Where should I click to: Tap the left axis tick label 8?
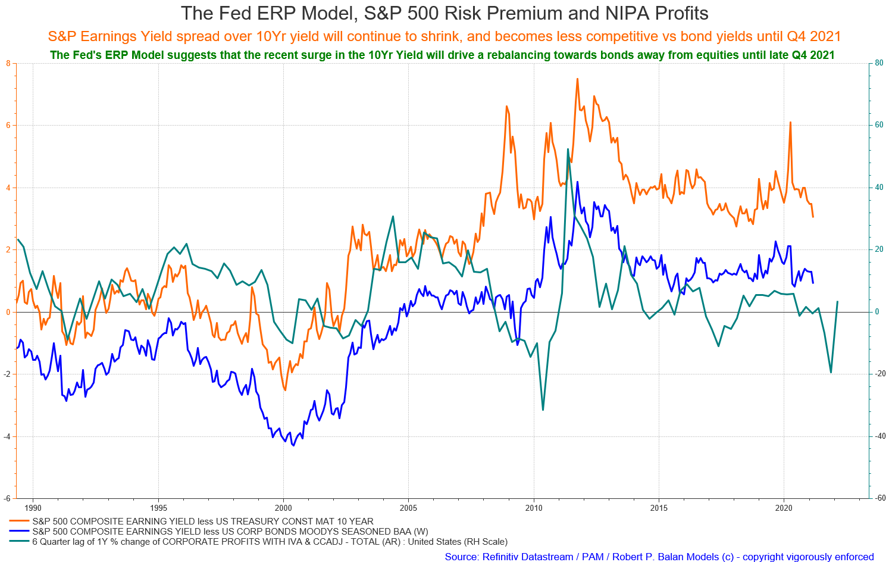8,63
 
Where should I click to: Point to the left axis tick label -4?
7,436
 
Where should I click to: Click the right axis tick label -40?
878,436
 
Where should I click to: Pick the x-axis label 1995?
158,508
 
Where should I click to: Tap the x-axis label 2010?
534,508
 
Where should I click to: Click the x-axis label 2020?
784,508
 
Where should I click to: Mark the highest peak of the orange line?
577,79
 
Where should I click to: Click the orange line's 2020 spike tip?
791,122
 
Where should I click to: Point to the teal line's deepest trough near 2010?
543,410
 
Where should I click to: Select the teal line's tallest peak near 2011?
568,149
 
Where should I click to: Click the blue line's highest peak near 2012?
577,182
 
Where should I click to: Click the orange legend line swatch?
19,521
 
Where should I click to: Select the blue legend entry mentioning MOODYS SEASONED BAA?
230,532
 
